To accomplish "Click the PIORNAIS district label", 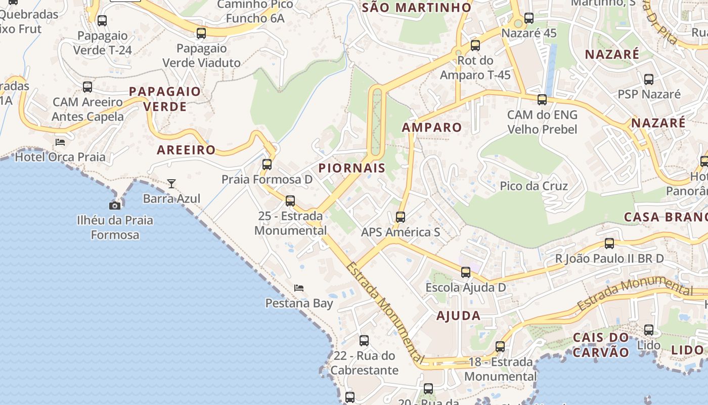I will coord(352,168).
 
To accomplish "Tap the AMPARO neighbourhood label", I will coord(432,128).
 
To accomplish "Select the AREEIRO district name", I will coord(186,150).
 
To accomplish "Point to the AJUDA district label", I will coord(458,316).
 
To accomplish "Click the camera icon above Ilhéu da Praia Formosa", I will coord(115,206).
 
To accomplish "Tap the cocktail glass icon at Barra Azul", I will coord(171,183).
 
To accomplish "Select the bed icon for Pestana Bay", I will coord(299,288).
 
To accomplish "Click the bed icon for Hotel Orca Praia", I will coord(60,142).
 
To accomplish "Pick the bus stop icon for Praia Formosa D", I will coord(267,165).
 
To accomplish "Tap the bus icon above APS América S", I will coord(400,217).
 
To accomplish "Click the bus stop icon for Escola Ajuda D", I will coord(465,272).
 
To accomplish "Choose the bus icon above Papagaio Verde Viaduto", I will coord(201,33).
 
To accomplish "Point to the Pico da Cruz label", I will coord(534,186).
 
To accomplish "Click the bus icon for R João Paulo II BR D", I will coord(609,244).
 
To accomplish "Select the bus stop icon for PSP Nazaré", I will coord(649,79).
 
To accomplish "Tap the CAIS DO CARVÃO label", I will coord(601,345).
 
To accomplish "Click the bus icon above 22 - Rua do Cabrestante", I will coord(364,341).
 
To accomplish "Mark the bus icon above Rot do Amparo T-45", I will coord(475,46).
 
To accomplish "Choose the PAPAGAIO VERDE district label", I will coord(165,99).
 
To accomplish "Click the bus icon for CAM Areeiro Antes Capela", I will coord(87,87).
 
